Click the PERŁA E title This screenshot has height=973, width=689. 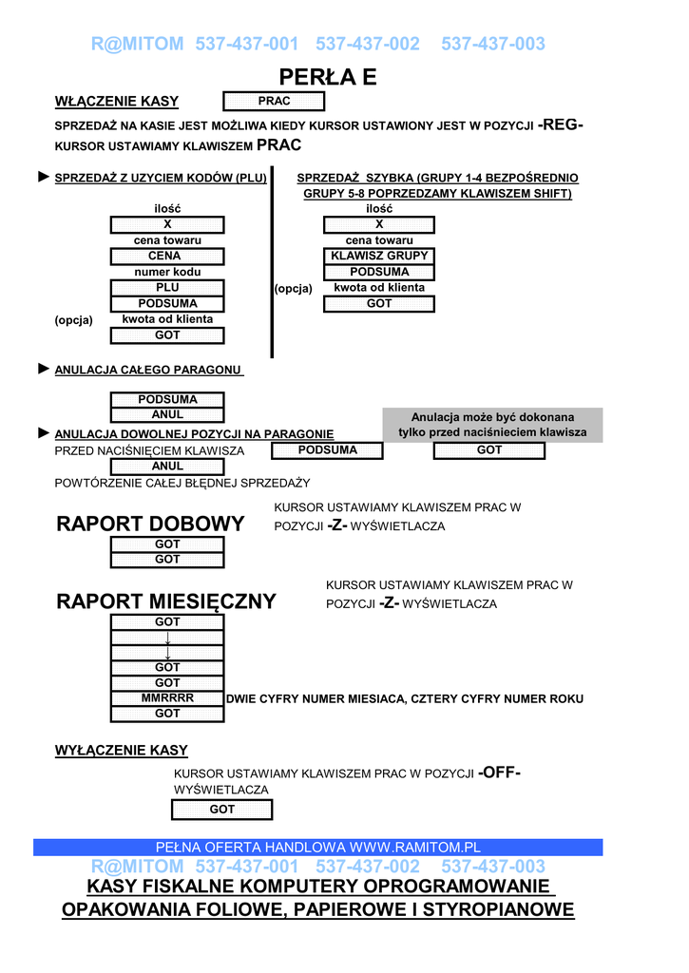click(328, 77)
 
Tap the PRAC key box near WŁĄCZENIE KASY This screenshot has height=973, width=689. click(274, 102)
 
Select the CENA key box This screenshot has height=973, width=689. click(167, 257)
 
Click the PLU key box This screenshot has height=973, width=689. click(167, 288)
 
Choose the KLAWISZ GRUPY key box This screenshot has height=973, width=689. click(379, 257)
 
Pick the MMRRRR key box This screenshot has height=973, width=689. click(167, 698)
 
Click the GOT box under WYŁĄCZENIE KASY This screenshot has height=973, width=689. click(221, 810)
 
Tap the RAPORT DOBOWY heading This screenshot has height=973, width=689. click(150, 524)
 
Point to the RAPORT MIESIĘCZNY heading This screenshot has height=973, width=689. click(166, 601)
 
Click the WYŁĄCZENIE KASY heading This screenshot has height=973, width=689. click(121, 751)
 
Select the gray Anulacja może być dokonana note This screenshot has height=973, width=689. click(492, 425)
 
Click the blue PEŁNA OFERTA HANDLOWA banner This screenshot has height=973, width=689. click(318, 847)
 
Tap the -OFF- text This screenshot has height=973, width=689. click(499, 773)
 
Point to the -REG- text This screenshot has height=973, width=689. click(561, 125)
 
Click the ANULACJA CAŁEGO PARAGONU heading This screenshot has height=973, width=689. click(148, 370)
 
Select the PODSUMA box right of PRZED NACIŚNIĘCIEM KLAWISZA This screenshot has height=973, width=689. click(327, 450)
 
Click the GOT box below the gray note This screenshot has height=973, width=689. click(489, 450)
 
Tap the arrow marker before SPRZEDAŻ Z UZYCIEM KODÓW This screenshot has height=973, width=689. click(43, 177)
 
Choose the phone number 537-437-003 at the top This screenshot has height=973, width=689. click(493, 44)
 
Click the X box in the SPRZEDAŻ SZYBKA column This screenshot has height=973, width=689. click(379, 225)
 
